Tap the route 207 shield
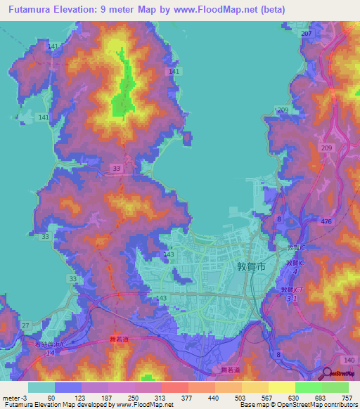point(305,34)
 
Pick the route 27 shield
point(25,325)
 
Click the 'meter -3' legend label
point(15,398)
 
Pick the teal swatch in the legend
point(41,387)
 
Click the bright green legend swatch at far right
point(335,387)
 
